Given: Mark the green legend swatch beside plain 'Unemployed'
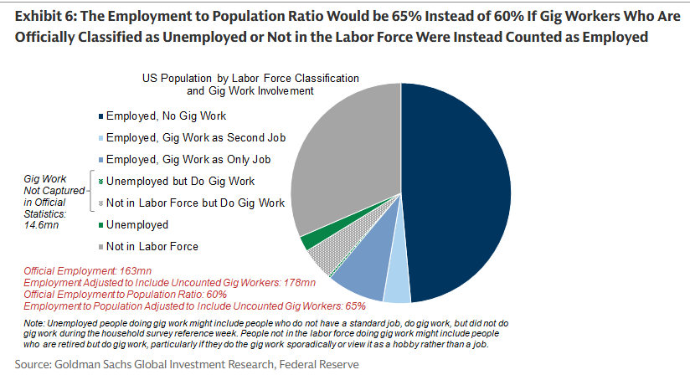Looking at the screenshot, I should pos(101,225).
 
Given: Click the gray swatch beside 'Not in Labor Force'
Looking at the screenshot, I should pos(101,247).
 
